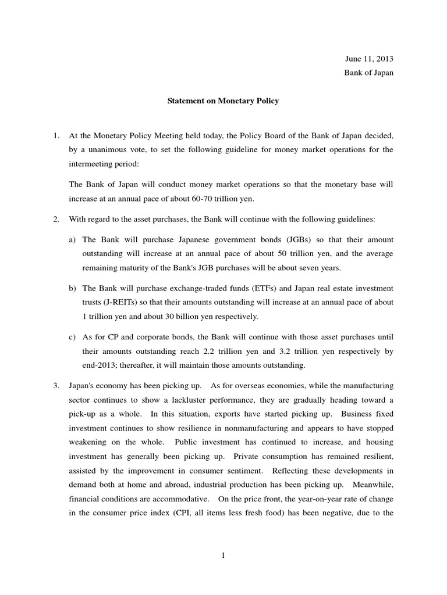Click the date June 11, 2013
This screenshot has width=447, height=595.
pyautogui.click(x=369, y=59)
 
